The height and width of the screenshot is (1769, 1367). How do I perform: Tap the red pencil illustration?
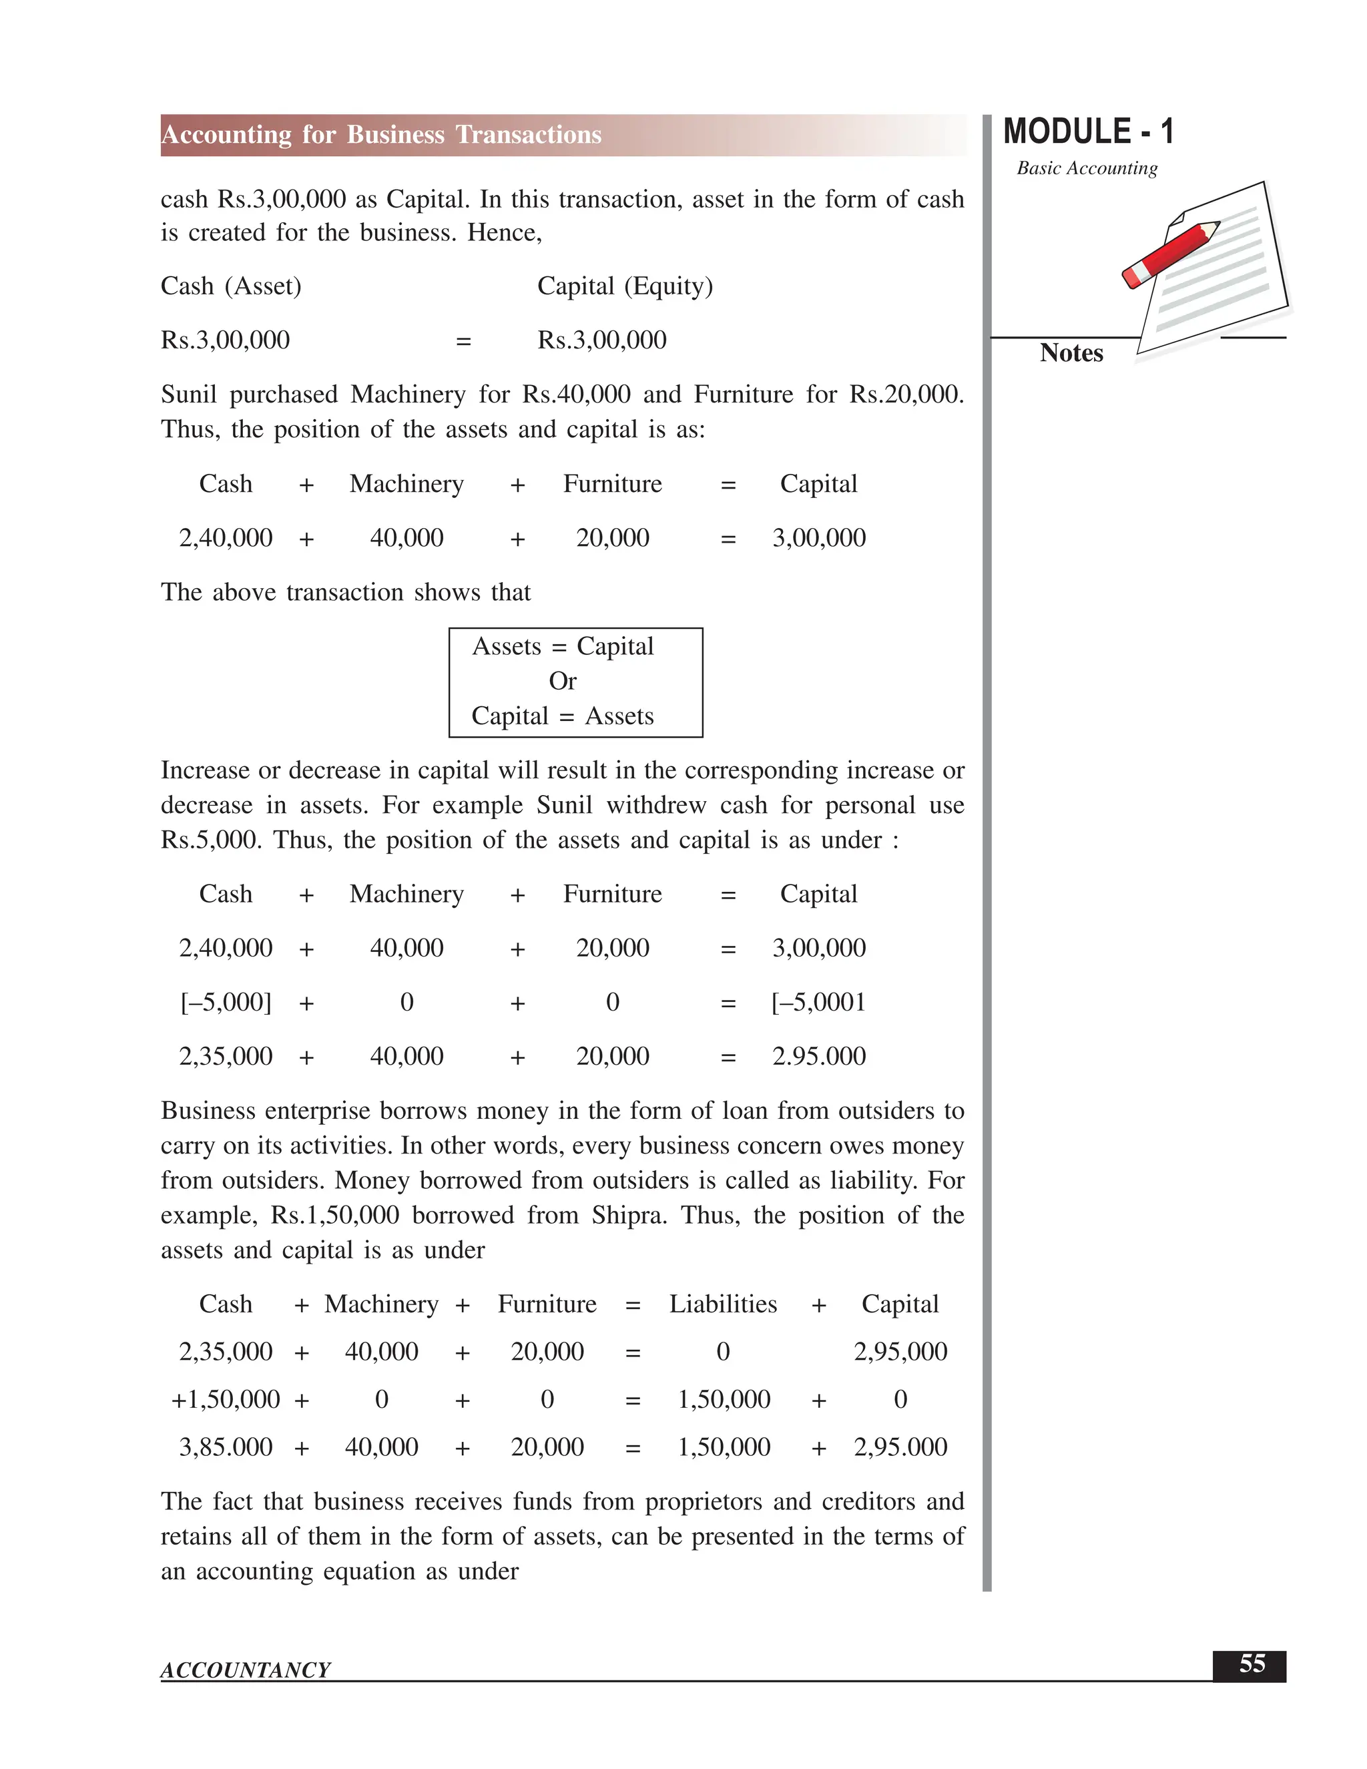pos(1170,254)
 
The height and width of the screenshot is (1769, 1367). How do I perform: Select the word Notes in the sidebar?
pos(1071,353)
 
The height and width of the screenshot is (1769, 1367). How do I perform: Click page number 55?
pos(1252,1664)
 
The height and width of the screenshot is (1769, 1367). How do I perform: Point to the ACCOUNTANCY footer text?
pos(246,1670)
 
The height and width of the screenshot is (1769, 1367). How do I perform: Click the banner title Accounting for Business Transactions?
pos(381,134)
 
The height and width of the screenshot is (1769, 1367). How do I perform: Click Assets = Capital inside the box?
pos(562,646)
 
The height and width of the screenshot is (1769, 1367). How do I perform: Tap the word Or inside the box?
pos(562,681)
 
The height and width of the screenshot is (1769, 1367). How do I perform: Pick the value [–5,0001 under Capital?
pos(818,1002)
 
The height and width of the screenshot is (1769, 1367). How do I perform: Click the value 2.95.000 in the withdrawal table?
pos(818,1056)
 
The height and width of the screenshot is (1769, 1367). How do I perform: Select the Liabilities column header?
pos(722,1304)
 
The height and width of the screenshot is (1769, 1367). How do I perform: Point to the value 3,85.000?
pos(225,1447)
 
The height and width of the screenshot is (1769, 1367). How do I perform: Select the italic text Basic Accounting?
pos(1087,168)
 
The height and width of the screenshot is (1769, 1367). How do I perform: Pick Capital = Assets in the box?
pos(562,716)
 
